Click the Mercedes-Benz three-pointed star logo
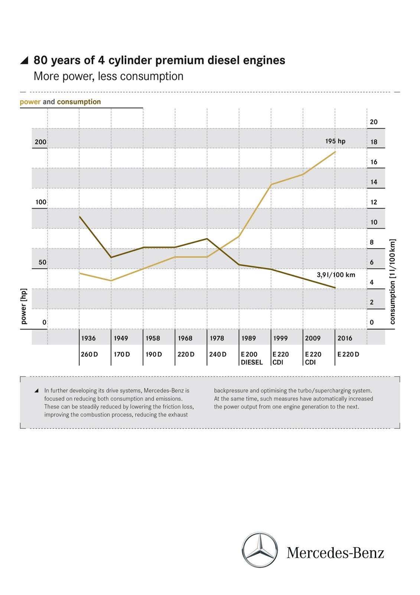pyautogui.click(x=260, y=550)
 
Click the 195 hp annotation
pyautogui.click(x=335, y=141)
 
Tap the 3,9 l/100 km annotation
pyautogui.click(x=336, y=275)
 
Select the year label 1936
pyautogui.click(x=88, y=338)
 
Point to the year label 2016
pyautogui.click(x=345, y=338)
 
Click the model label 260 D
pyautogui.click(x=89, y=354)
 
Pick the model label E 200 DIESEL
pyautogui.click(x=251, y=358)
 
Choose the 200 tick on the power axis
pyautogui.click(x=40, y=142)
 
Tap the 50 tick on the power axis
pyautogui.click(x=42, y=262)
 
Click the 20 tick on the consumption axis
pyautogui.click(x=374, y=122)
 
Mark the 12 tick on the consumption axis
pyautogui.click(x=374, y=202)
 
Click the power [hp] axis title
pyautogui.click(x=24, y=306)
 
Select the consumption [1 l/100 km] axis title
pyautogui.click(x=393, y=282)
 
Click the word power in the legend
pyautogui.click(x=30, y=102)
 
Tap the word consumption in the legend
pyautogui.click(x=79, y=102)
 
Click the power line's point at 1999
pyautogui.click(x=271, y=184)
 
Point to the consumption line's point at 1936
pyautogui.click(x=79, y=216)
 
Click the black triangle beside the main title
pyautogui.click(x=24, y=60)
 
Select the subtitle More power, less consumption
pyautogui.click(x=108, y=76)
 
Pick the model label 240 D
pyautogui.click(x=218, y=354)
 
